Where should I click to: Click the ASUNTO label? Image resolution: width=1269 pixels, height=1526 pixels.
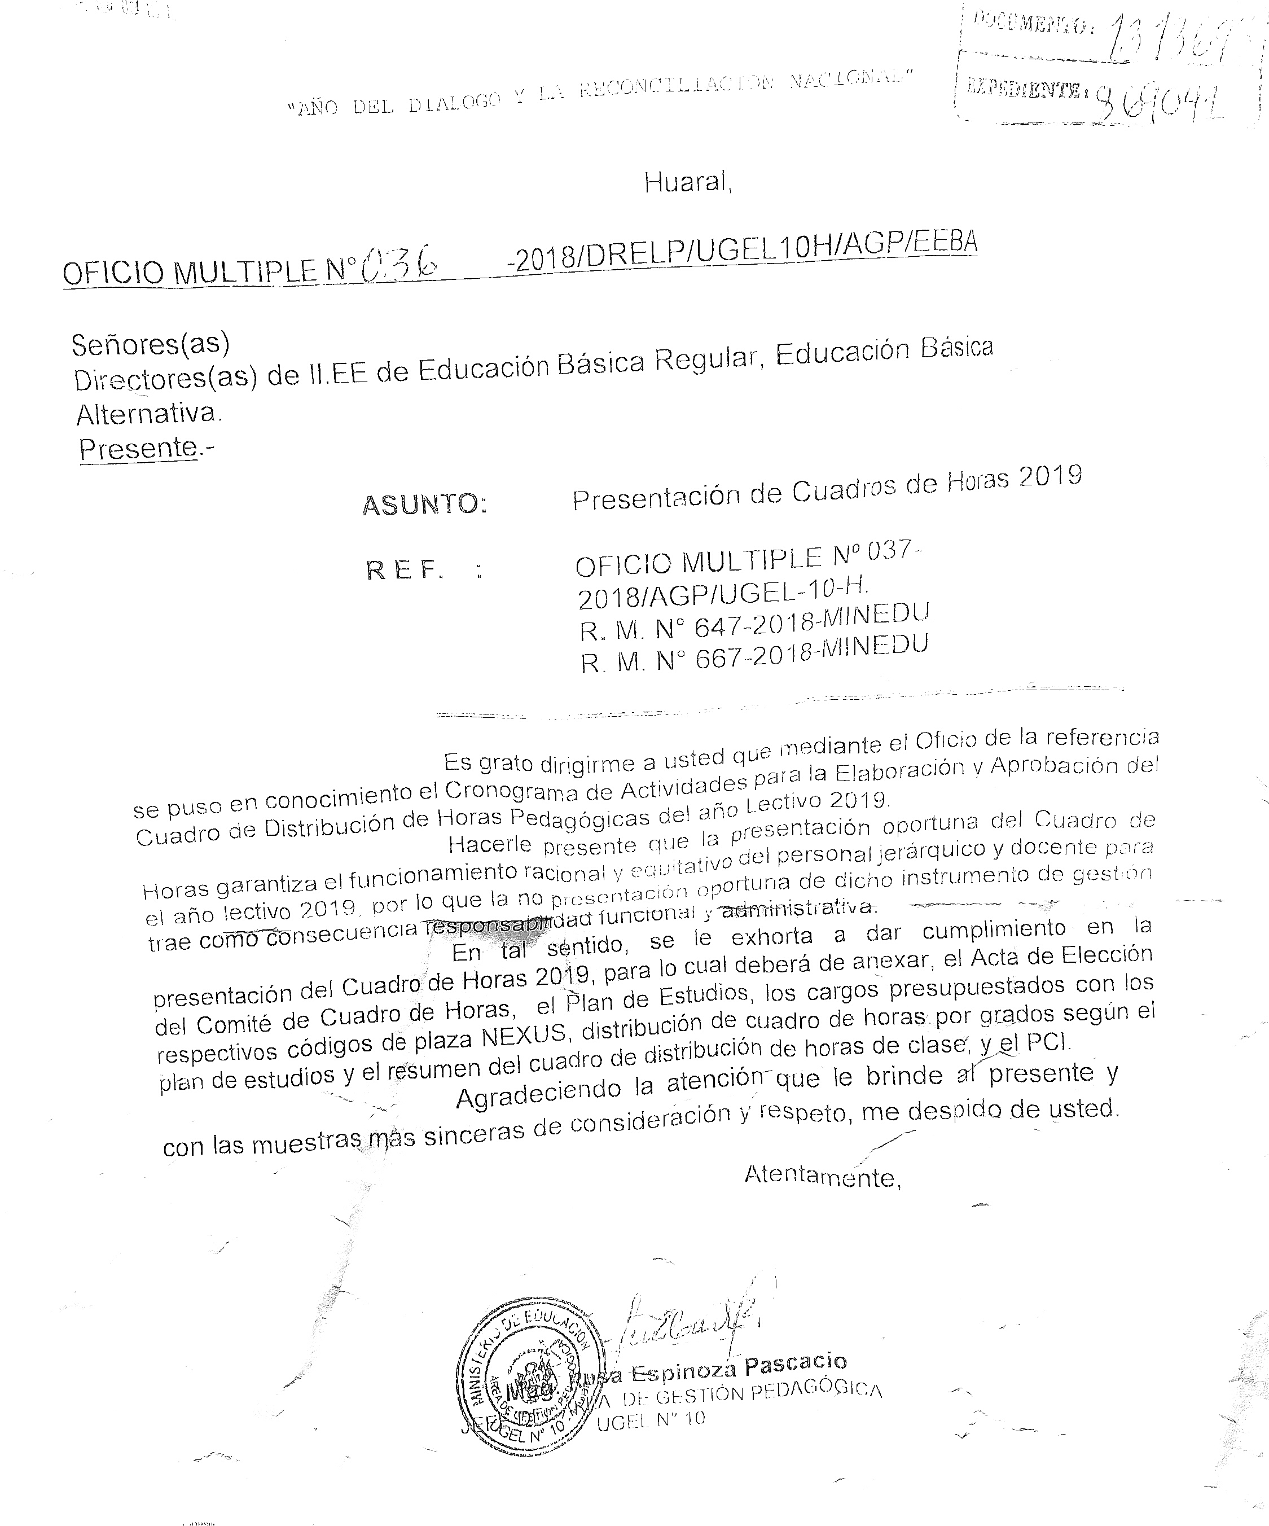[x=424, y=503]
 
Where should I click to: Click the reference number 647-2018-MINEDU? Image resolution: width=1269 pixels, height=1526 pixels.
[x=811, y=621]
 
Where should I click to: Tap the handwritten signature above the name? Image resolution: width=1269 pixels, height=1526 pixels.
[x=683, y=1323]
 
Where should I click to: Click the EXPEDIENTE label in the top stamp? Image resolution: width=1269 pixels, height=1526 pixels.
[x=1024, y=91]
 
